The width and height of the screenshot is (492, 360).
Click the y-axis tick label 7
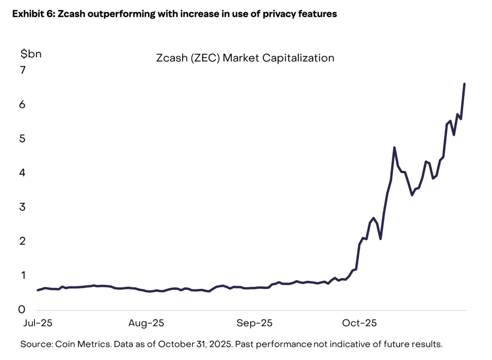coord(23,71)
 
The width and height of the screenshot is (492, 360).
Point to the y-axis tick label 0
coord(23,310)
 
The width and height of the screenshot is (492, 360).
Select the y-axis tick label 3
coord(23,207)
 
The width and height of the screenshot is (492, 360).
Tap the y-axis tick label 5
coord(23,139)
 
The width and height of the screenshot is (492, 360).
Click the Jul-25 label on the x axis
coord(37,323)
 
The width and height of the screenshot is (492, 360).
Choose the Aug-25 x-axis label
coord(146,323)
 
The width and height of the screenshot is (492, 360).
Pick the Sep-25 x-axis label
coord(254,323)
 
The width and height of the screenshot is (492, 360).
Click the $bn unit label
coord(31,54)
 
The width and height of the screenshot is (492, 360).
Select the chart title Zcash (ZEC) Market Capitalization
coord(245,58)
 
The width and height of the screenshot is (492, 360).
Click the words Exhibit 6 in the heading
coord(30,14)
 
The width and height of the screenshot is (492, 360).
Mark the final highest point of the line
coord(464,84)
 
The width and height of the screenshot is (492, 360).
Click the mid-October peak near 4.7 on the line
coord(394,148)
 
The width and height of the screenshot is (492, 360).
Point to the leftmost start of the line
coord(37,290)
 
